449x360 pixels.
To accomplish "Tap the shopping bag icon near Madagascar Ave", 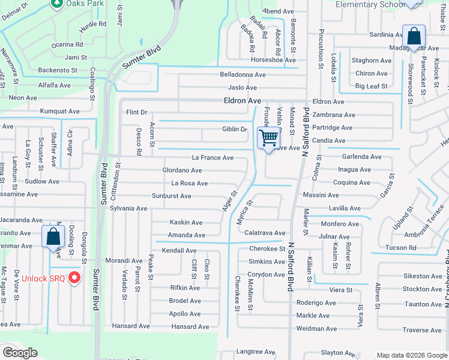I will pos(414,36).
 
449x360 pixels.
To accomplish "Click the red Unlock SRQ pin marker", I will pos(74,277).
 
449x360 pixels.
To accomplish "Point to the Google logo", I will pos(20,353).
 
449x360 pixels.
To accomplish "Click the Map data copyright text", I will pos(411,355).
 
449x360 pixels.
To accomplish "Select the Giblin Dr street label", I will pos(235,129).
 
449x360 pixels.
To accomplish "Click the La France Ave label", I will pos(212,158).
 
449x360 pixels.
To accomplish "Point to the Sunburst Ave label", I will pos(171,196).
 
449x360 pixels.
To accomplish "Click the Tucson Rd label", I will pos(400,248).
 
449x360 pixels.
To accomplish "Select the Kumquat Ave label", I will pos(59,112).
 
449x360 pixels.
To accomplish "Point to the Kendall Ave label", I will pos(179,250).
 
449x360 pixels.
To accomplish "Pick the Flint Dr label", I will pos(136,112).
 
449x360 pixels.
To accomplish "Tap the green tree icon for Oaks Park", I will pos(57,4).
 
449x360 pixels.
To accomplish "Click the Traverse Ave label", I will pos(422,330).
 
